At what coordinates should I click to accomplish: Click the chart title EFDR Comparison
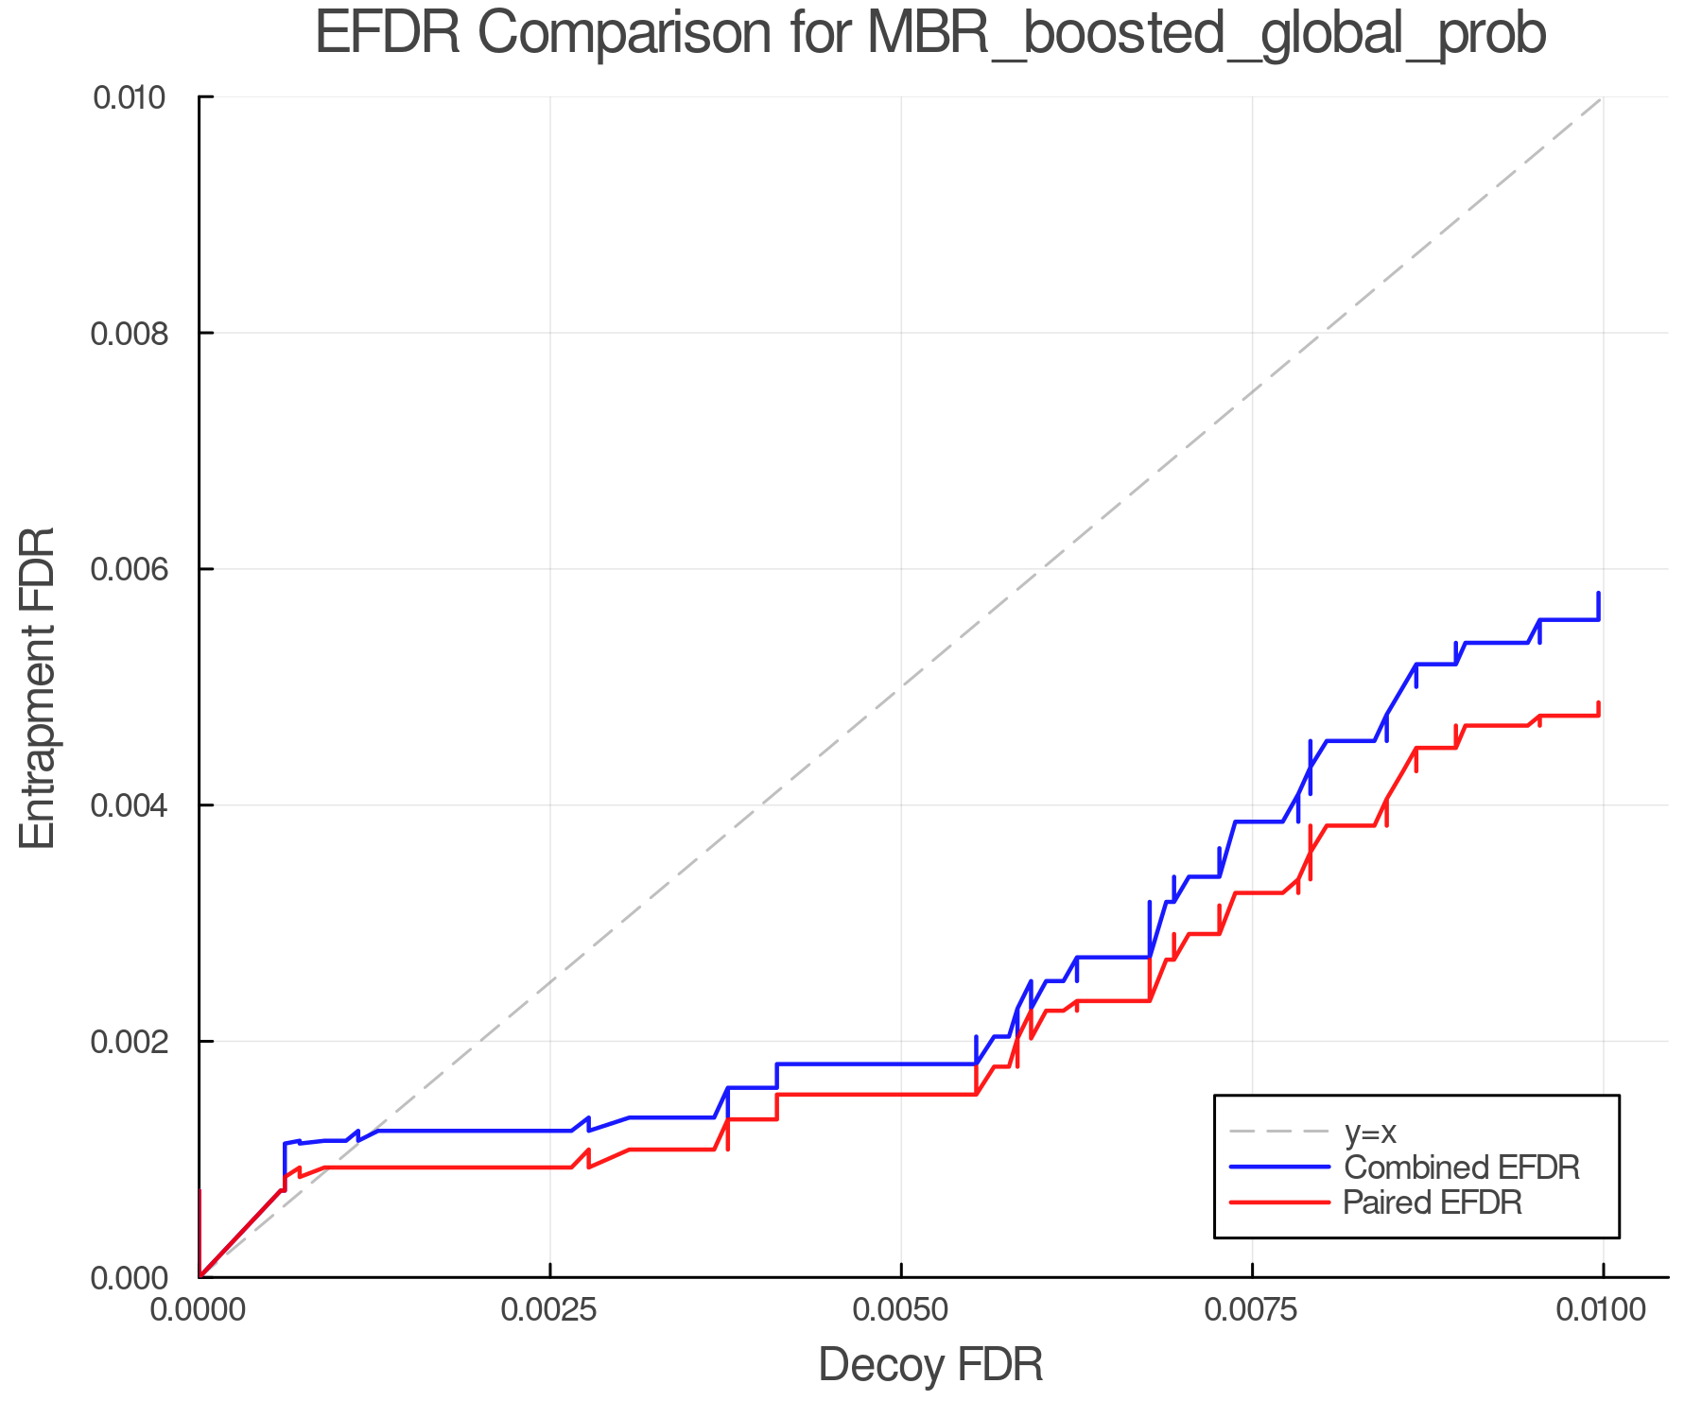click(x=930, y=34)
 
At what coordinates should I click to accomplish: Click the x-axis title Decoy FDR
click(x=930, y=1364)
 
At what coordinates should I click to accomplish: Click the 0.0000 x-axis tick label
click(x=200, y=1310)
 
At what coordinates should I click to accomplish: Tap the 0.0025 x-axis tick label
click(x=550, y=1310)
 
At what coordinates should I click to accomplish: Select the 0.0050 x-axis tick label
click(x=901, y=1310)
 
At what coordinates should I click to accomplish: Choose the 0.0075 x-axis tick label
click(x=1252, y=1310)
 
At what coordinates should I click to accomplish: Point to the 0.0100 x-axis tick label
click(x=1603, y=1310)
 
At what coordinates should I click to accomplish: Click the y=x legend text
click(x=1370, y=1132)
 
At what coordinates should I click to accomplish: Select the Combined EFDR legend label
click(x=1461, y=1167)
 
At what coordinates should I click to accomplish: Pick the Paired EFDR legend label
click(x=1433, y=1202)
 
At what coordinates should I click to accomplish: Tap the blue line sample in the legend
click(x=1279, y=1167)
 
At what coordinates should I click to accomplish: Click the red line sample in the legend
click(x=1279, y=1202)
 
